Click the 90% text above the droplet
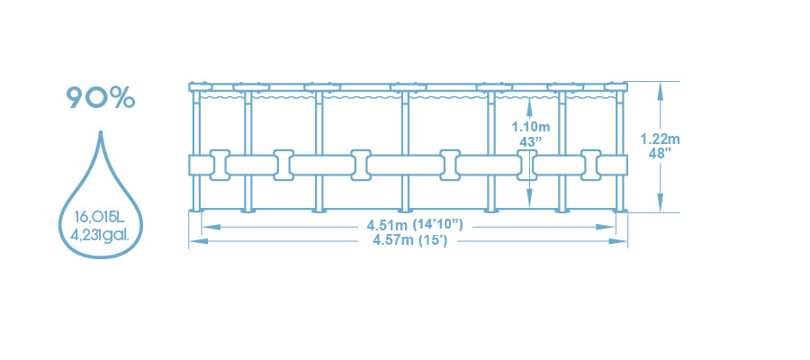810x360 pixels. coord(100,97)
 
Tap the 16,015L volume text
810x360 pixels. coord(100,217)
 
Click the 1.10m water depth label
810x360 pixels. coord(530,127)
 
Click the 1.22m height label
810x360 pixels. coord(660,139)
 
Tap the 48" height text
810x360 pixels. coord(660,154)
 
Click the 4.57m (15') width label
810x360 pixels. coord(409,239)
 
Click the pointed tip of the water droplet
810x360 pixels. coord(99,130)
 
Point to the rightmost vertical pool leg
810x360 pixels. coord(621,148)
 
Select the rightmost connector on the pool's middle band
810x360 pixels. coord(591,164)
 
